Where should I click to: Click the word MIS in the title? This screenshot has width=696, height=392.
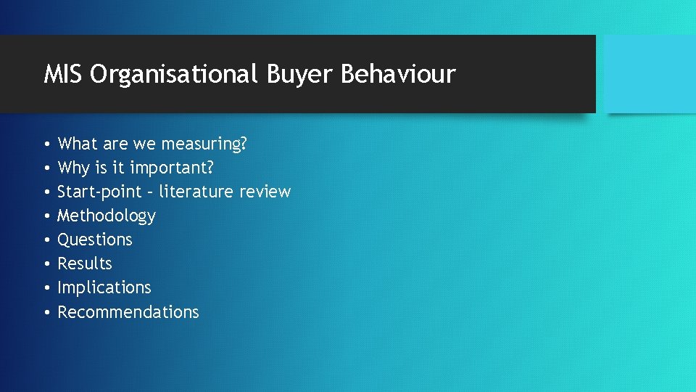(63, 74)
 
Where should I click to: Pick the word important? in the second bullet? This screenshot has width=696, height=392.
(172, 168)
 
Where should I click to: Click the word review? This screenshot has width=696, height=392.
(265, 192)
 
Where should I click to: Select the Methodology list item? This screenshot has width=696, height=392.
(107, 216)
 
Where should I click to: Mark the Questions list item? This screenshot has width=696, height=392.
(95, 240)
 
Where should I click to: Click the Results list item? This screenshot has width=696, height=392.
(85, 264)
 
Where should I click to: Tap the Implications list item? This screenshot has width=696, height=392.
(104, 287)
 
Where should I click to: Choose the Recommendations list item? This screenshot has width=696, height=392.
(128, 312)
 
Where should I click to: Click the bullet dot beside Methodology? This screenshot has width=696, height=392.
(46, 216)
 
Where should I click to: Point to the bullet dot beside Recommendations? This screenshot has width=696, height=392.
(46, 312)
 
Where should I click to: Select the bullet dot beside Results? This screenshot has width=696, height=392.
(46, 264)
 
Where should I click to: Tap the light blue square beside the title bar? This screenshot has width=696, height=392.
(650, 74)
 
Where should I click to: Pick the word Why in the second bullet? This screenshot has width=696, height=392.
(74, 168)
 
